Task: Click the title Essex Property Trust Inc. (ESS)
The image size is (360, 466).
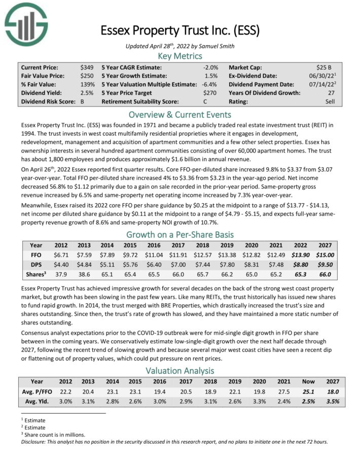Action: click(x=179, y=30)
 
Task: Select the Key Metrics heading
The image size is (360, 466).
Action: click(x=180, y=56)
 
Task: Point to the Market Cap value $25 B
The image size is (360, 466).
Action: click(x=323, y=67)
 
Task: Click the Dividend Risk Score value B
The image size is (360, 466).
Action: click(x=83, y=101)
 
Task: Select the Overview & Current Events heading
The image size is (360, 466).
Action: click(x=180, y=114)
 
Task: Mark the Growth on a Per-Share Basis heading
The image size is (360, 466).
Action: click(x=180, y=235)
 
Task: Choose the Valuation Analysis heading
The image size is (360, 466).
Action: click(x=180, y=371)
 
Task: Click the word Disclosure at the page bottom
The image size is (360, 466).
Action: click(x=35, y=441)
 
